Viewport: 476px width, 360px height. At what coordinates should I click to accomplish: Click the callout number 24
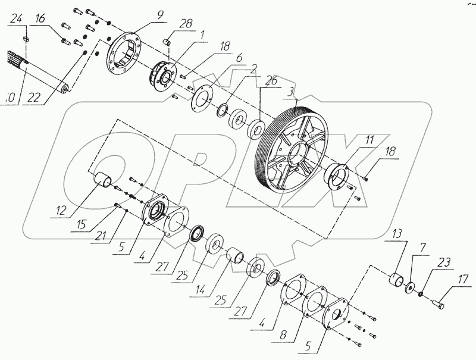(17, 20)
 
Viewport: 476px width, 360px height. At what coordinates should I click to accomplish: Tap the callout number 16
(40, 20)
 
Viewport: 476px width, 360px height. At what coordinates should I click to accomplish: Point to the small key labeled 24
(26, 39)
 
